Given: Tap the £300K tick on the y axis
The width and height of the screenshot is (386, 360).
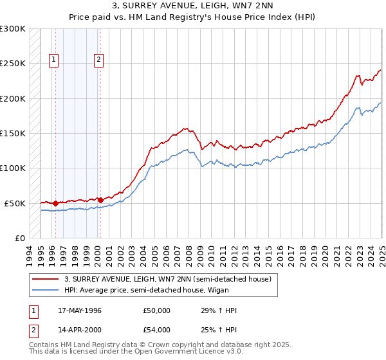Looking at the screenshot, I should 13,29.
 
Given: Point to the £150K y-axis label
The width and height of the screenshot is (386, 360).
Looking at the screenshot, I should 13,133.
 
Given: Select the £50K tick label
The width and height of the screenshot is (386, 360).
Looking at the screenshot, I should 15,203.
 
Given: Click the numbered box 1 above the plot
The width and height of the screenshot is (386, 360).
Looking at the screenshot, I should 53,60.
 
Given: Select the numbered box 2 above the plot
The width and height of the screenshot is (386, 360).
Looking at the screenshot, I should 98,60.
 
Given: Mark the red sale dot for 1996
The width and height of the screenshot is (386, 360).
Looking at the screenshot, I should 55,203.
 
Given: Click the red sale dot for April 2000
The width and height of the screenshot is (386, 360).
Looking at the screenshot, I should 100,200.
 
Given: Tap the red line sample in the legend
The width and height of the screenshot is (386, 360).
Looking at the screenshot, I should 46,279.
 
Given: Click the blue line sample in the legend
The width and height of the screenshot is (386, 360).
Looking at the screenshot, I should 46,290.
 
